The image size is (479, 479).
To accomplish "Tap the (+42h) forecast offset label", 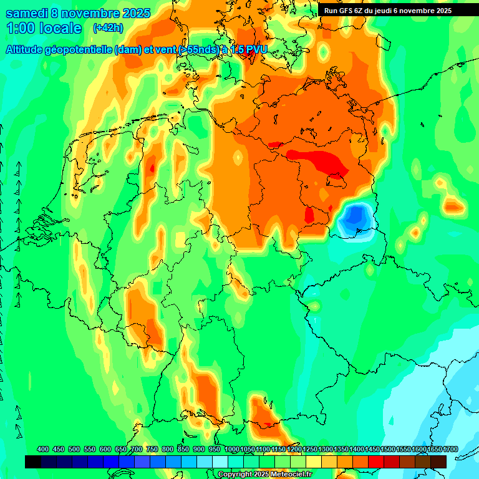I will point(108,28).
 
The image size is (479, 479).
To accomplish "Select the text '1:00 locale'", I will point(44,28).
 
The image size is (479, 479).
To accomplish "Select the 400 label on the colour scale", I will point(43,449).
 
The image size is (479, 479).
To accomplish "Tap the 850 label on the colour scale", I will point(183,449).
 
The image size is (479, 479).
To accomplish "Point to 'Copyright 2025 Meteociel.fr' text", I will point(264,474).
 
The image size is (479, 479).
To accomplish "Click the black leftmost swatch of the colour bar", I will point(33,462).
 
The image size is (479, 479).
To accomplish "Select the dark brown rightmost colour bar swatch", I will point(438,462).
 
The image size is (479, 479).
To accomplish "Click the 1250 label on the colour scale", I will point(309,449).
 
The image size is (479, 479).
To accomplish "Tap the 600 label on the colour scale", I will point(105,449).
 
